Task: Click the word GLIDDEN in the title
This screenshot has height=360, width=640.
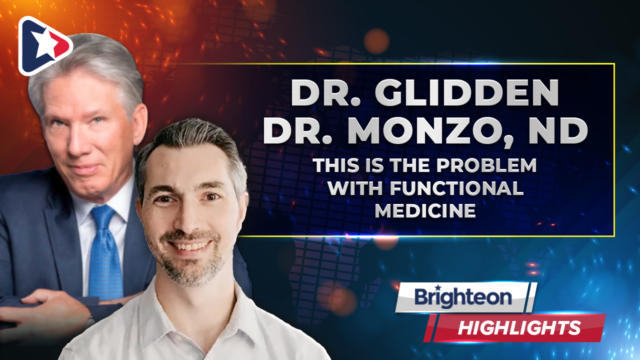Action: (466, 93)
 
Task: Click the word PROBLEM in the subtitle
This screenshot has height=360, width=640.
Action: (486, 165)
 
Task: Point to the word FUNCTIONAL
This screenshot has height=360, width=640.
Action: (457, 188)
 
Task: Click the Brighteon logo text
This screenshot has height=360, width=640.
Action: (463, 297)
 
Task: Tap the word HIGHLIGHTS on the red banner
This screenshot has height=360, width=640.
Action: (519, 327)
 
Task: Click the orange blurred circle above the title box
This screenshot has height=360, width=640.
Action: (376, 41)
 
